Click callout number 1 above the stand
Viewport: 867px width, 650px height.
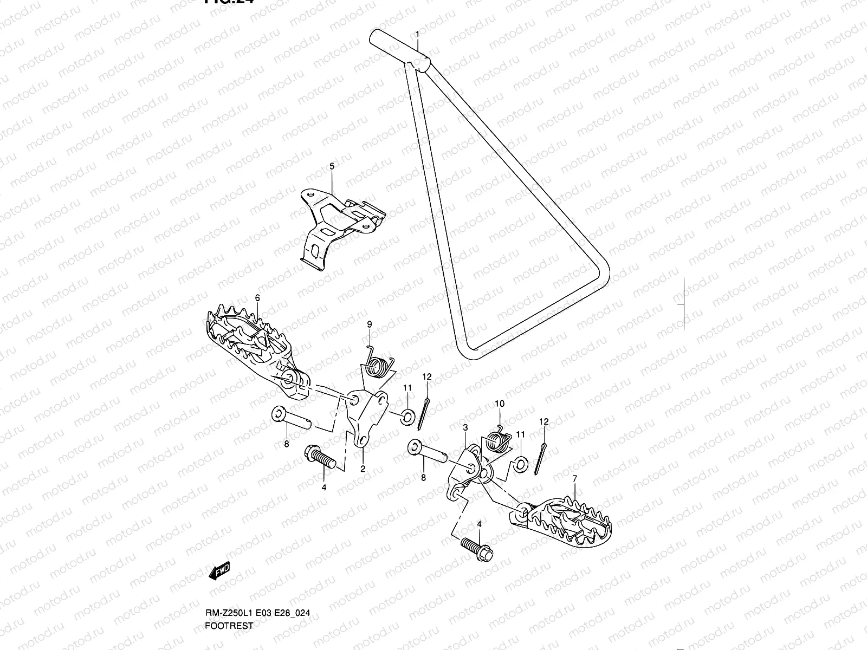[x=417, y=34]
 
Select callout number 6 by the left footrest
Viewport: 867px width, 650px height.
[x=257, y=297]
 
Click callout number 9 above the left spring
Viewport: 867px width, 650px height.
[x=369, y=324]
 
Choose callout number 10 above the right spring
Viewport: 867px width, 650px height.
[x=499, y=404]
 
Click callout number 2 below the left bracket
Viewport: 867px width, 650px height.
[x=363, y=469]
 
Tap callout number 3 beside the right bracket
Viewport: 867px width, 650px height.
[x=465, y=428]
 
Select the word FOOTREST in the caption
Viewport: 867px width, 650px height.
[x=229, y=641]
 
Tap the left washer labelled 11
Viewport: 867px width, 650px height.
[x=407, y=417]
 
